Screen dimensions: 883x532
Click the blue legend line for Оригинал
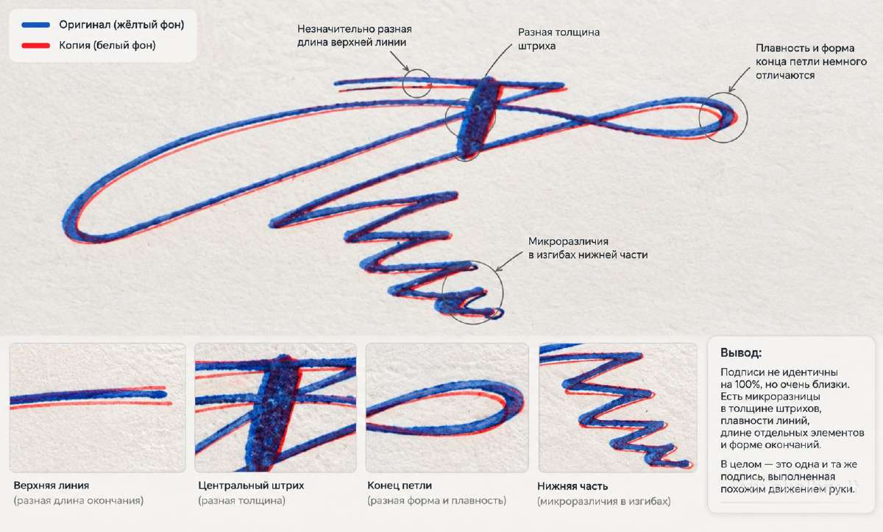[x=36, y=25]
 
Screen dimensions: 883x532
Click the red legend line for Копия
[x=36, y=46]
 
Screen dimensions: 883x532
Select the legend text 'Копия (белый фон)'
[x=107, y=46]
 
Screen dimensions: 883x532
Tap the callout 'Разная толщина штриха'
[x=558, y=39]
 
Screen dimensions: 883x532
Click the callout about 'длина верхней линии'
[x=355, y=36]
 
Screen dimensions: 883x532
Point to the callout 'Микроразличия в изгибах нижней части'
[x=588, y=248]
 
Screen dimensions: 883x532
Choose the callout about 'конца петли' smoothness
[x=811, y=62]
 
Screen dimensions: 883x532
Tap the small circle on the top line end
[x=416, y=84]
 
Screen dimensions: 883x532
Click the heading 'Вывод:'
[x=741, y=352]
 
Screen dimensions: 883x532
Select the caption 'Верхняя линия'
[x=52, y=486]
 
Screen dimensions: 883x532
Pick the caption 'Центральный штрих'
[x=251, y=486]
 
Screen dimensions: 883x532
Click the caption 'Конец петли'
[x=400, y=486]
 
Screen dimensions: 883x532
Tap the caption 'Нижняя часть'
[x=572, y=486]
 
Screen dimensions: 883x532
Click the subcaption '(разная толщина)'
[x=241, y=500]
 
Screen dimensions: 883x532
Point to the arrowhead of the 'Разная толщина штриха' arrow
[x=485, y=76]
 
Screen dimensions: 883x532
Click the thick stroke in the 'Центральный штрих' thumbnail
[x=273, y=413]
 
